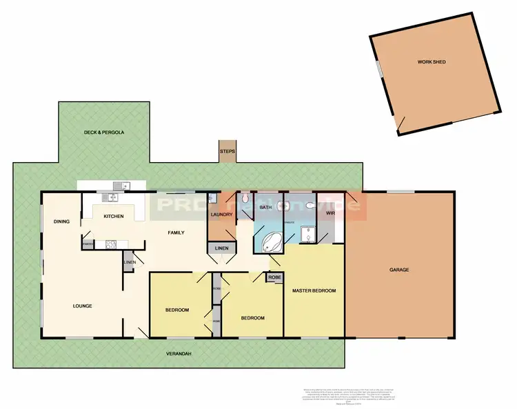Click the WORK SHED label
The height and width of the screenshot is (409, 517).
coord(432,62)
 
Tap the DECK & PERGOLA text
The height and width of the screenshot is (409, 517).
coord(104,131)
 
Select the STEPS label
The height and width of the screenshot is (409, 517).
coord(227,150)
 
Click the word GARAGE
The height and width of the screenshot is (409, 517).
coord(400,270)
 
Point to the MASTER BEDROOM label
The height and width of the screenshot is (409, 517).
coord(314,291)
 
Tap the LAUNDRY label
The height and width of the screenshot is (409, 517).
coord(221,215)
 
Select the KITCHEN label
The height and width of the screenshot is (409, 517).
coord(114,217)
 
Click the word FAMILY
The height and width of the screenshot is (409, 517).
coord(176,233)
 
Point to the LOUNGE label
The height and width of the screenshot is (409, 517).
coord(83,306)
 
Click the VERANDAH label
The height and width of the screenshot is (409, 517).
coord(178,354)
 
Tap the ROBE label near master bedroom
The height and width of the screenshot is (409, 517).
coord(274,277)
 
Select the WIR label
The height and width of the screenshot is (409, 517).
coord(331,214)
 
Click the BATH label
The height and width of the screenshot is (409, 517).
coord(265,207)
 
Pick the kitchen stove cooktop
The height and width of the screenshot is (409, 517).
coord(110,243)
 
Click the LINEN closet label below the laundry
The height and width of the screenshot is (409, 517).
coord(221,248)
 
